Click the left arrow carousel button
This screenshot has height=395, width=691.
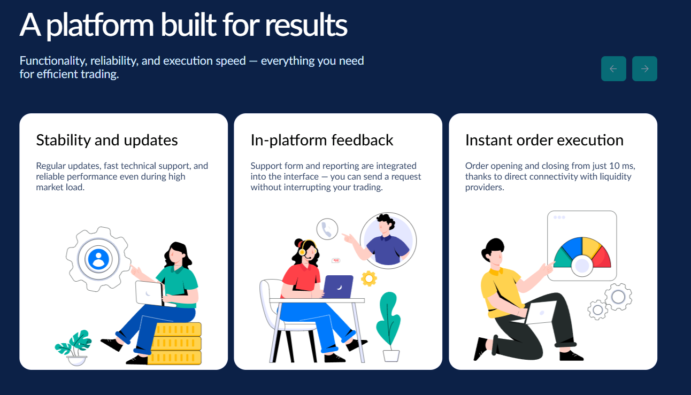tap(613, 68)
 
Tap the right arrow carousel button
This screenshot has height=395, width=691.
tap(644, 68)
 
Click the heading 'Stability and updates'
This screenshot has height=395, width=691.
tap(107, 140)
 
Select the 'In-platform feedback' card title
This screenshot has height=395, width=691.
tap(322, 140)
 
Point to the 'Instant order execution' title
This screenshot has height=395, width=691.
tap(544, 140)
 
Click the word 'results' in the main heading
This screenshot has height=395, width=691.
tap(306, 25)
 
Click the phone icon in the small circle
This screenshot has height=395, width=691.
tap(327, 229)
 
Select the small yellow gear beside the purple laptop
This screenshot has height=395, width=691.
tap(368, 278)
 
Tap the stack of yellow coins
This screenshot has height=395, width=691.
tap(175, 344)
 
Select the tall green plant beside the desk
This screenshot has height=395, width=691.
tap(389, 327)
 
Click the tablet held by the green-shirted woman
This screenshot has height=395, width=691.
tap(150, 293)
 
